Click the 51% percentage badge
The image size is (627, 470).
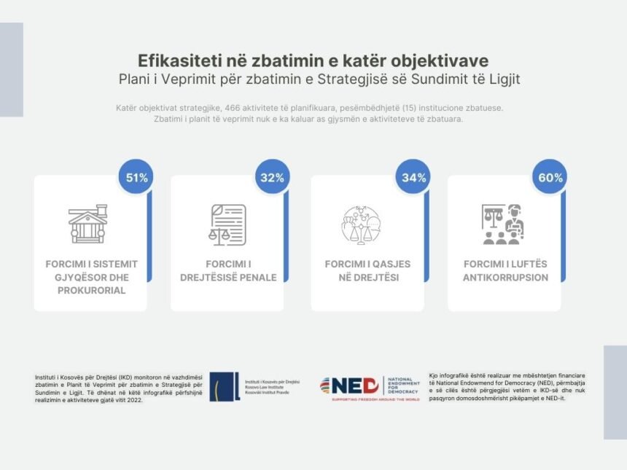[x=136, y=177]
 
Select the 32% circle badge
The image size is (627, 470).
[x=273, y=177]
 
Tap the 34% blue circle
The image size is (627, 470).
[x=413, y=177]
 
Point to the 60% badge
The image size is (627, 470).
[x=549, y=177]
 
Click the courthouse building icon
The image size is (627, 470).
[x=87, y=224]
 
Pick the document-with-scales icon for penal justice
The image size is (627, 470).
[x=227, y=224]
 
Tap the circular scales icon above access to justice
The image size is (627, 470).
[x=361, y=224]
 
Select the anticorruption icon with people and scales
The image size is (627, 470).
[x=502, y=224]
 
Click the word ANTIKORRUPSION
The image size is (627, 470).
[x=505, y=278]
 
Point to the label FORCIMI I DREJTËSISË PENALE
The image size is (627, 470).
[x=228, y=270]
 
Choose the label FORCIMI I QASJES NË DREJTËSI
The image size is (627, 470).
[x=367, y=270]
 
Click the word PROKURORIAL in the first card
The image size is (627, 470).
[x=91, y=290]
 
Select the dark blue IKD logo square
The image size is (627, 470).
[x=225, y=386]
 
